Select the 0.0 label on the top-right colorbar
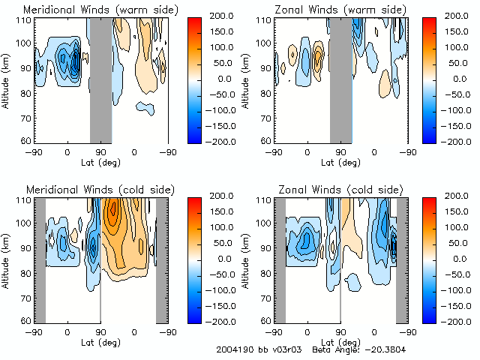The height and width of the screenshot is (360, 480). point(458,78)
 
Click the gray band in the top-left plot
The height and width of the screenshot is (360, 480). point(100,79)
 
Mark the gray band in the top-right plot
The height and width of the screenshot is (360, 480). point(341,79)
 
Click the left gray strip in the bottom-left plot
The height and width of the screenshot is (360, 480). point(40,259)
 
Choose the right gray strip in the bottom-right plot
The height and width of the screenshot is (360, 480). point(401,259)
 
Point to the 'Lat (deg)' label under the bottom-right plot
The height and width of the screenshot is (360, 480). point(340,341)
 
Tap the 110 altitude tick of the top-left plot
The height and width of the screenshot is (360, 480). point(24,20)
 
